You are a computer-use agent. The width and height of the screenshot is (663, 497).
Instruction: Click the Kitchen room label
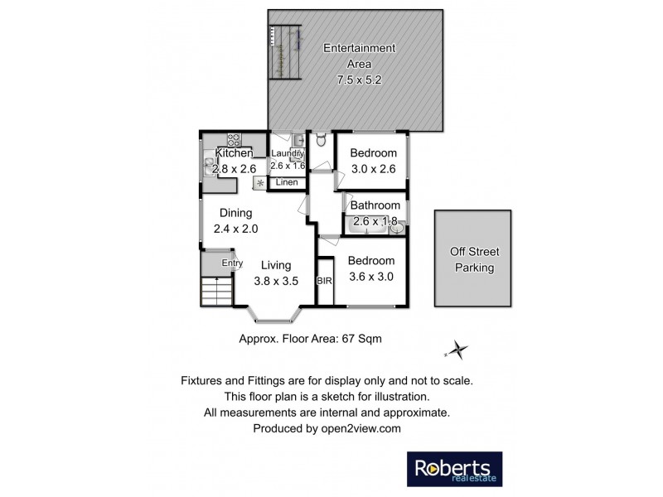[234, 153]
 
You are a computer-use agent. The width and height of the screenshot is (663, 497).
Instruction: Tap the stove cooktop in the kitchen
[234, 139]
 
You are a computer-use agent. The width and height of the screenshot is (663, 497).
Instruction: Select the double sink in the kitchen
[206, 166]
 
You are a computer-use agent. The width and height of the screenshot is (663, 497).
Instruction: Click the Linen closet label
[287, 182]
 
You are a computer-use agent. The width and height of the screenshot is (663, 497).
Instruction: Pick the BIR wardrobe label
[324, 281]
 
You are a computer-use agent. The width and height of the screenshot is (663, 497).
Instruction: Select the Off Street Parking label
[473, 259]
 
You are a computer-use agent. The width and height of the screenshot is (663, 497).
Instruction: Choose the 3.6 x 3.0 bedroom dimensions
[370, 277]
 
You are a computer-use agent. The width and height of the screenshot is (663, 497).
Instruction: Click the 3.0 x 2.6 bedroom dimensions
[372, 169]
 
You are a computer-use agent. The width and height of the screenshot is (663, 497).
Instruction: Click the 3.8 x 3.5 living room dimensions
[275, 282]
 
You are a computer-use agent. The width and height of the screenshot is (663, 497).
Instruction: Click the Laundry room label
[288, 153]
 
